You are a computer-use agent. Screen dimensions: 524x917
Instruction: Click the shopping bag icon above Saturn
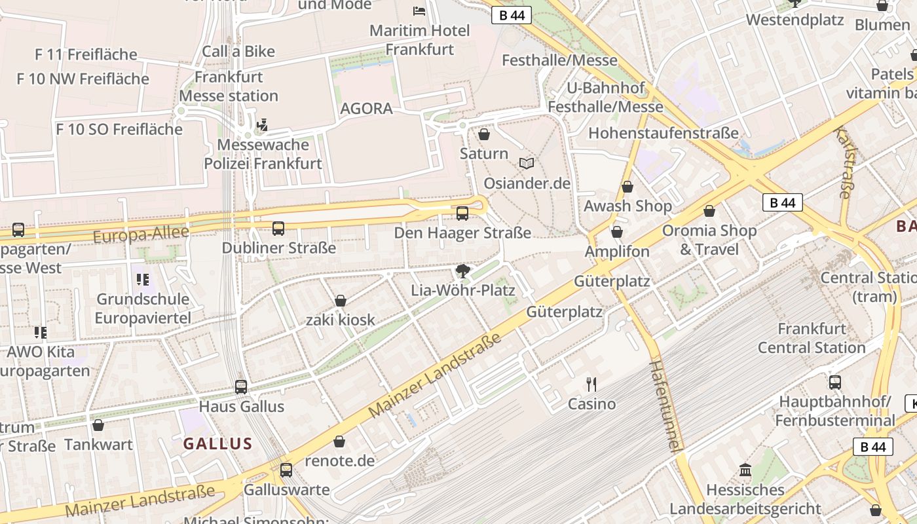(x=484, y=135)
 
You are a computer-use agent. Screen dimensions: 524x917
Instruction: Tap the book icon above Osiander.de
(x=527, y=163)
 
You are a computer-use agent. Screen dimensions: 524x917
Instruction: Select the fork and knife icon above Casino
(x=591, y=384)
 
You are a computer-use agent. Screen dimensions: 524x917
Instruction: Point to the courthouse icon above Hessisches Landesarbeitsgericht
(x=745, y=470)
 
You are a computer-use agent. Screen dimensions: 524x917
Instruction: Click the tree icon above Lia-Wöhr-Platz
(x=463, y=271)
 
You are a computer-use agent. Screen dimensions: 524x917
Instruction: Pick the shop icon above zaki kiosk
(x=341, y=301)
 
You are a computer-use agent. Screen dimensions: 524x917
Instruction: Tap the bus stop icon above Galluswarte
(x=286, y=470)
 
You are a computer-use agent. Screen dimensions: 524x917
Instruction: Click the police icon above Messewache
(x=263, y=124)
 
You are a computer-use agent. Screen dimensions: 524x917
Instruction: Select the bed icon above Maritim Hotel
(x=419, y=11)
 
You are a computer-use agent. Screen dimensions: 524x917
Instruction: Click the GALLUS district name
(x=217, y=443)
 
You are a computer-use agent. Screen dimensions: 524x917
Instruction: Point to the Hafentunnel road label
(x=664, y=405)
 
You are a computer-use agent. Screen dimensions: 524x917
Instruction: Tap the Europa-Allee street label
(x=141, y=234)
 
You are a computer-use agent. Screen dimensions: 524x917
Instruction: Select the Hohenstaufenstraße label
(x=663, y=133)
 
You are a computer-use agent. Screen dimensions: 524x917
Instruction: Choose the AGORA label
(x=366, y=108)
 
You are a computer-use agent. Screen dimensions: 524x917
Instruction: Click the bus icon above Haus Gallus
(x=241, y=387)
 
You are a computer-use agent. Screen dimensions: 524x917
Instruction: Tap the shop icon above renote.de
(x=339, y=442)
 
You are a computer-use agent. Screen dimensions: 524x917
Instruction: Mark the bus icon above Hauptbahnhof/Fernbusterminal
(x=834, y=383)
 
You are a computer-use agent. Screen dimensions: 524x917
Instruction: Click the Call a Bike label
(x=238, y=51)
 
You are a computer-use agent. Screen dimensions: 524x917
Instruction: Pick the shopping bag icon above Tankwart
(x=98, y=426)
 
